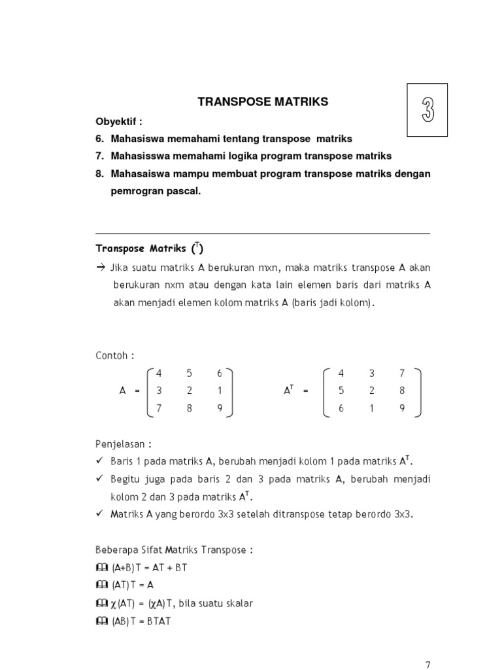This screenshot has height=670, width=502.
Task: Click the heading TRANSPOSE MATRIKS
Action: click(x=262, y=102)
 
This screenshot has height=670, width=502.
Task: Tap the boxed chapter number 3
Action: click(x=427, y=110)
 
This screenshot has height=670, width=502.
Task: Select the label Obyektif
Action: click(x=118, y=122)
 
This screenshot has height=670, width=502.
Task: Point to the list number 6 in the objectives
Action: click(x=99, y=139)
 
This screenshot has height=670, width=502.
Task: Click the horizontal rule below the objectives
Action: click(x=262, y=234)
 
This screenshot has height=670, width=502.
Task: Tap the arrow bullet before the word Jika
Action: click(x=100, y=268)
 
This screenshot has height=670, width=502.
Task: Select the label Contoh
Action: click(x=114, y=355)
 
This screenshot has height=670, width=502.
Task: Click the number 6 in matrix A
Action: click(x=220, y=373)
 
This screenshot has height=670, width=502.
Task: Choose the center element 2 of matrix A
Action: click(x=190, y=391)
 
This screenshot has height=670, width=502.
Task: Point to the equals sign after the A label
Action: click(x=137, y=391)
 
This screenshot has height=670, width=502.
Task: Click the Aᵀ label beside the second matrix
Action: click(x=288, y=390)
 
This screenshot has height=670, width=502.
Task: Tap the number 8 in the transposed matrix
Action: click(x=402, y=391)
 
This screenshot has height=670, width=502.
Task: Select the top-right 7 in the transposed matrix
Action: click(x=402, y=373)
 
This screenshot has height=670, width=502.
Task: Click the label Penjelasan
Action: click(x=123, y=443)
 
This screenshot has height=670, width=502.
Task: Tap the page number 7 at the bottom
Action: click(x=427, y=664)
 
